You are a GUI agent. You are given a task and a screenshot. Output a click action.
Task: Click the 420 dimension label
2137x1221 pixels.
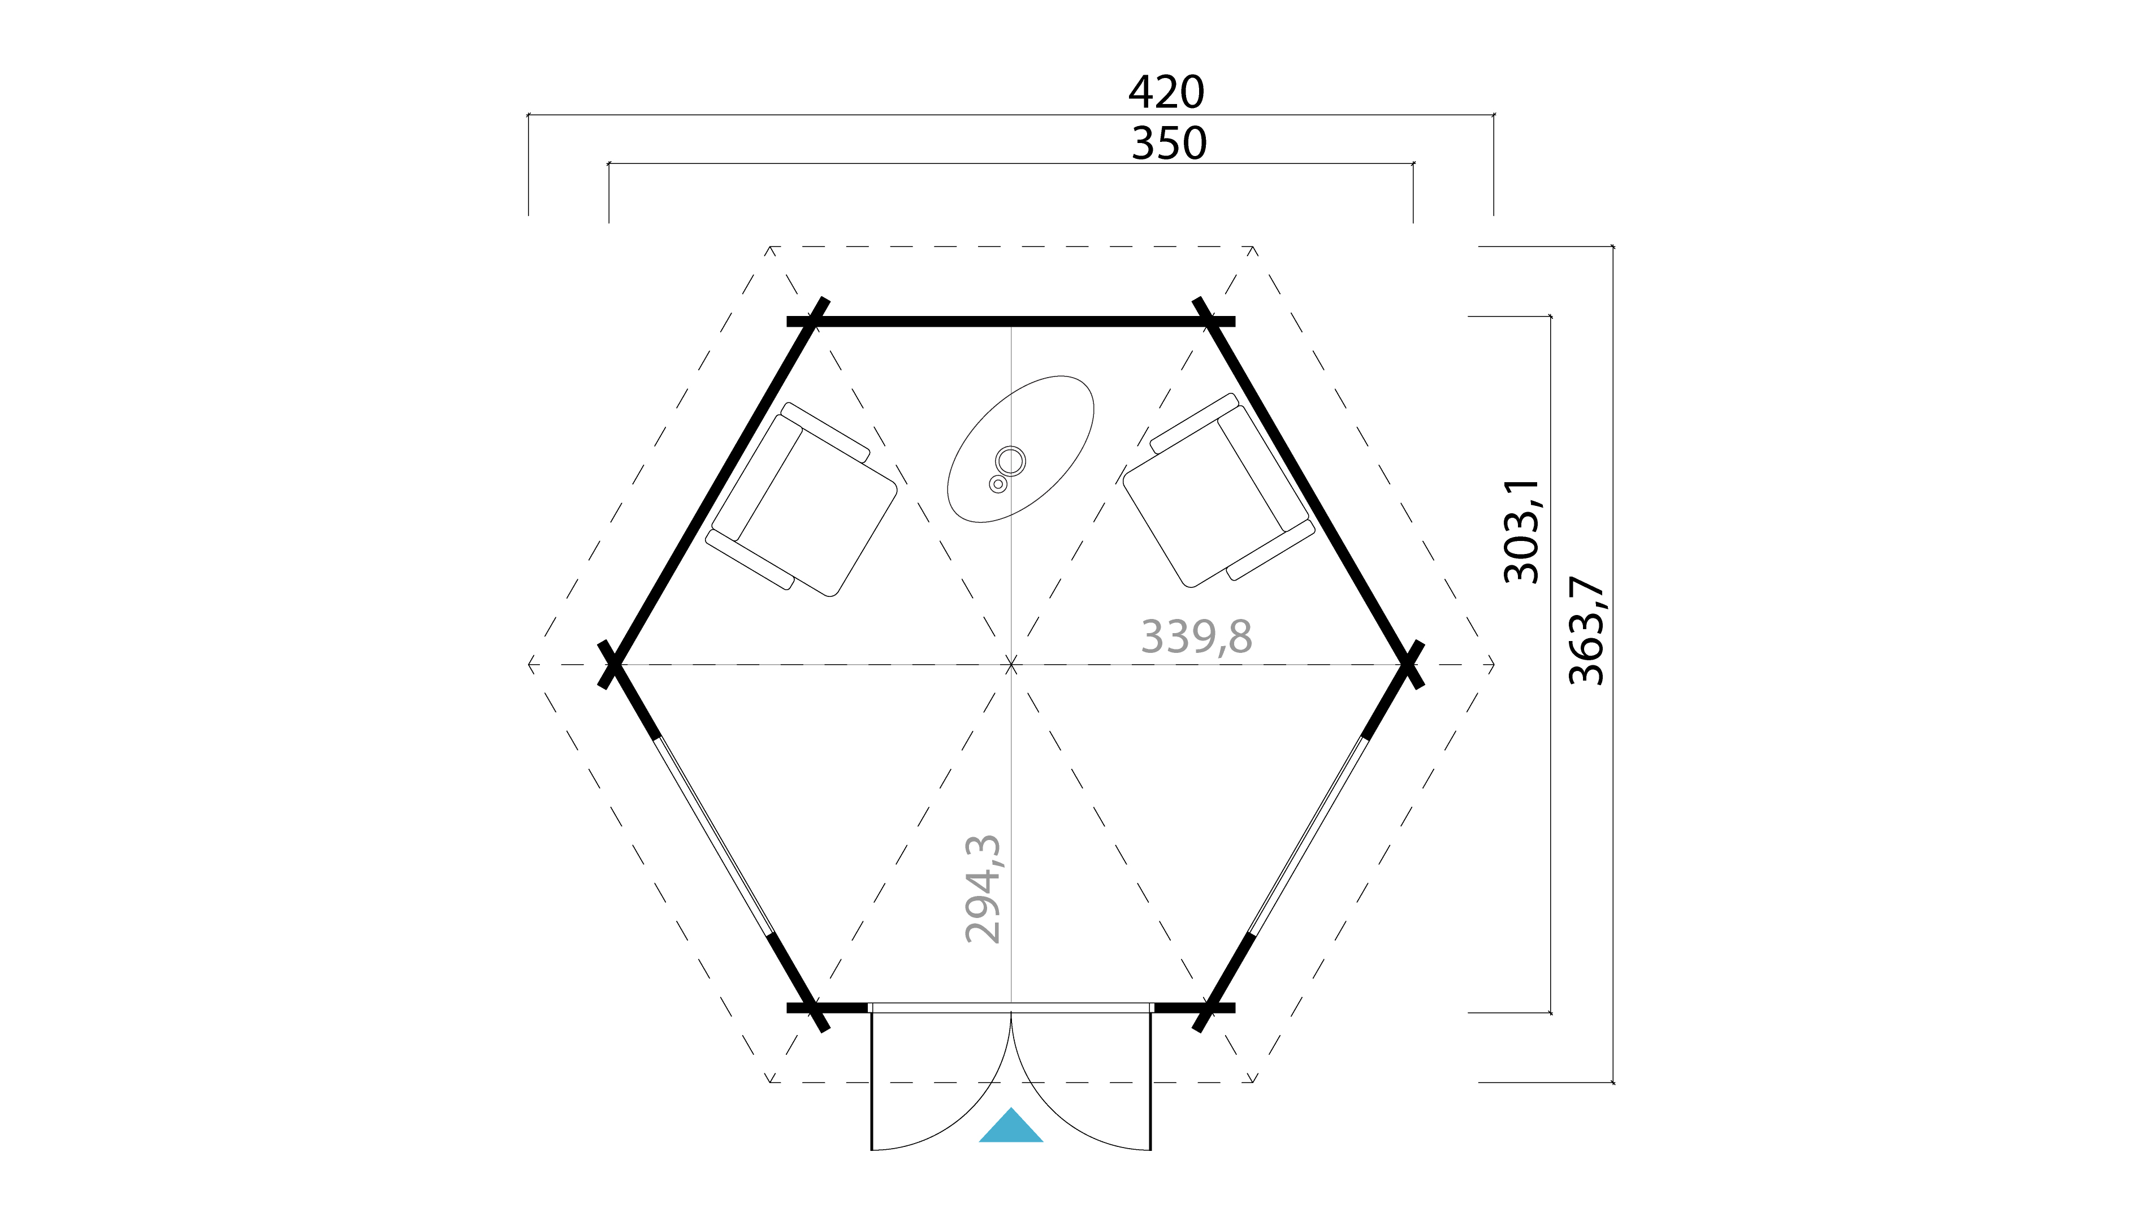pos(1166,92)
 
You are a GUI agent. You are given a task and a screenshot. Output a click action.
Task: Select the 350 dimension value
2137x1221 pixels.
pos(1169,144)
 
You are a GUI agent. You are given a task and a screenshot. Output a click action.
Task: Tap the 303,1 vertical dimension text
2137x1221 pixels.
pos(1521,532)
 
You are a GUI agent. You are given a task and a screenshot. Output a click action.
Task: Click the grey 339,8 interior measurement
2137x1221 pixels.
pos(1196,637)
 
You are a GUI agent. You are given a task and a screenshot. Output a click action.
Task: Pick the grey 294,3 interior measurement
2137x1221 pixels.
pos(983,889)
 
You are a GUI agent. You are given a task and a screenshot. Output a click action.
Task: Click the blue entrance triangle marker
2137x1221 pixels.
pos(1011,1128)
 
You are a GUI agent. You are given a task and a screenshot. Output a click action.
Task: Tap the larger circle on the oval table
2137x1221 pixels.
pos(1011,460)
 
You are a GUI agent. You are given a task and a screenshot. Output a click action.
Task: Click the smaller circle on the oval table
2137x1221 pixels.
pos(997,484)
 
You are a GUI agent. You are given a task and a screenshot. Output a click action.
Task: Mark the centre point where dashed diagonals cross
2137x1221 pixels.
pos(1011,665)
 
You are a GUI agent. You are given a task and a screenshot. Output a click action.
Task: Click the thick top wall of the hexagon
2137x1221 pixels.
pos(1011,321)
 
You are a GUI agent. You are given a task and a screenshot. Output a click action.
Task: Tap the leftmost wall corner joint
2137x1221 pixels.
pos(612,664)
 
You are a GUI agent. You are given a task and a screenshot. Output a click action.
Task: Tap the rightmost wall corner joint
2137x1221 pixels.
pos(1410,664)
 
